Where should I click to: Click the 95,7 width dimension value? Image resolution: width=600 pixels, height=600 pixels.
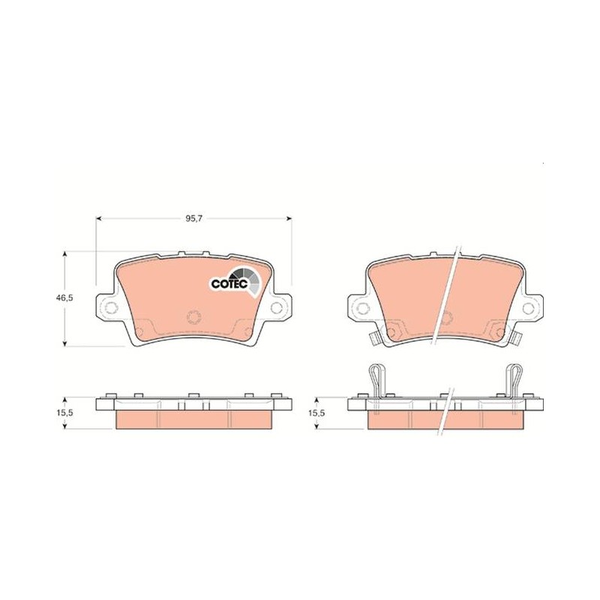[193, 218]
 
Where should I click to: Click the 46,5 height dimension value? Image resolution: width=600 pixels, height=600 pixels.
[64, 298]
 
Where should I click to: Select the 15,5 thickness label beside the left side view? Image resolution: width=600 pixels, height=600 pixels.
[64, 413]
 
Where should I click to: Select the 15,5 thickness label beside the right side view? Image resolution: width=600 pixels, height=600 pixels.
[316, 413]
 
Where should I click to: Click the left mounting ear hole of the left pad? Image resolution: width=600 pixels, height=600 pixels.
[112, 307]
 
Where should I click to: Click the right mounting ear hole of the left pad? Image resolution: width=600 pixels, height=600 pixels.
[276, 307]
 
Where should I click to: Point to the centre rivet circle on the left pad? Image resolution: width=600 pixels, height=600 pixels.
[194, 316]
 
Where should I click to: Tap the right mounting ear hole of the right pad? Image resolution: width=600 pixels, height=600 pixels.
[528, 307]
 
